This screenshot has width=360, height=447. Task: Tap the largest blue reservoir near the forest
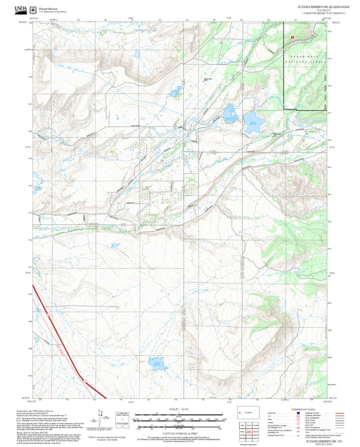[x=255, y=122]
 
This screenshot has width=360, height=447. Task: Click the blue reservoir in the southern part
[x=158, y=363]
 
